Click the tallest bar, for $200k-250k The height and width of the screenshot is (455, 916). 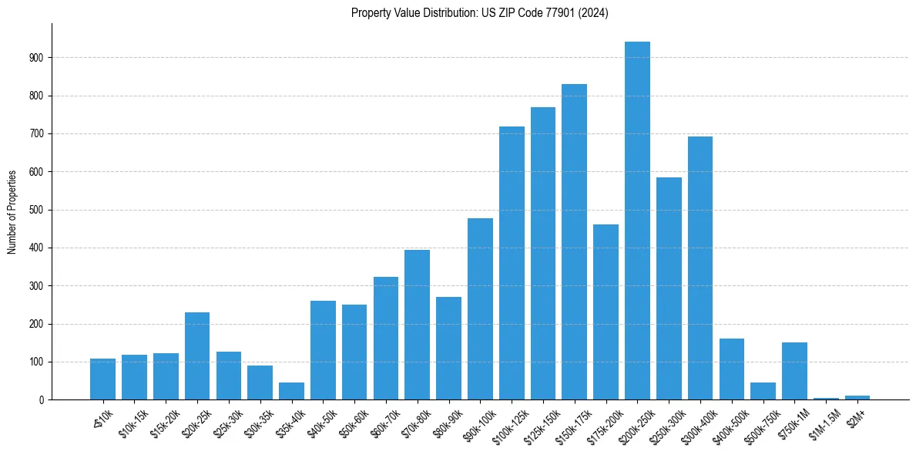[x=637, y=221]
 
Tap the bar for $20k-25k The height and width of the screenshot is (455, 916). [x=197, y=356]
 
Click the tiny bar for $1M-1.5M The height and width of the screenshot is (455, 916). [x=826, y=398]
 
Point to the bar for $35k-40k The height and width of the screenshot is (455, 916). [x=291, y=391]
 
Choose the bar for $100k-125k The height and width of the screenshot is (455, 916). [x=512, y=263]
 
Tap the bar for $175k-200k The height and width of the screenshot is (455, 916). [x=606, y=312]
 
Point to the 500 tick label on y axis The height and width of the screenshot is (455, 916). [x=39, y=210]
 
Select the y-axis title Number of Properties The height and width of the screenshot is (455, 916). [x=12, y=211]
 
